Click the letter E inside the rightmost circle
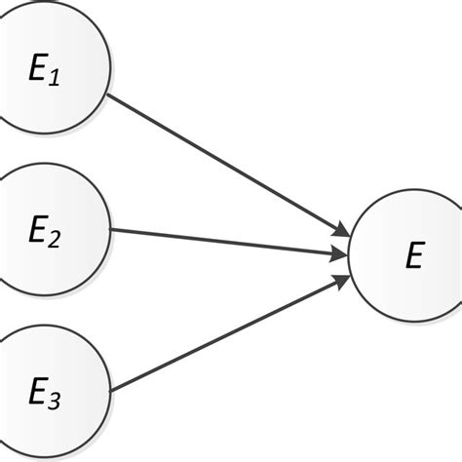[414, 256]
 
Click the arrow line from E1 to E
[224, 164]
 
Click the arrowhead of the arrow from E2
[338, 255]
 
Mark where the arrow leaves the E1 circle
[107, 95]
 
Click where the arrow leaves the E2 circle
[112, 230]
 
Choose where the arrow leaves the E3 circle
[109, 392]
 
